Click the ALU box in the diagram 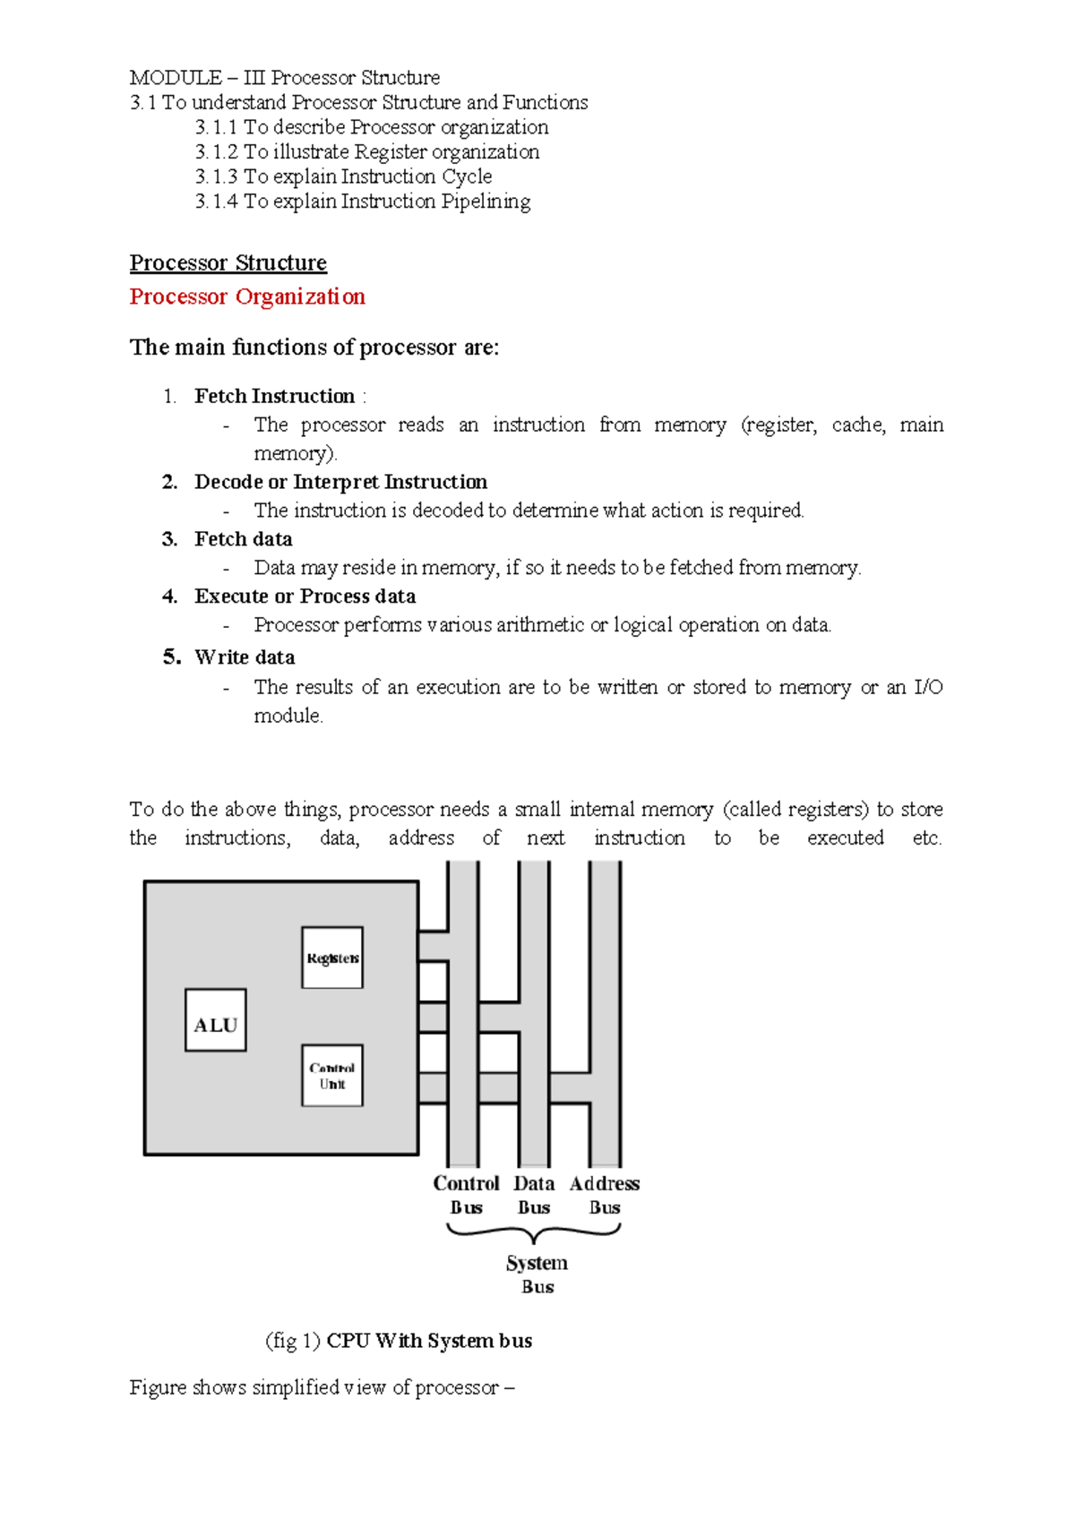[x=215, y=1020]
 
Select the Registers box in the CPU [x=332, y=957]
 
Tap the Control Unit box [x=332, y=1076]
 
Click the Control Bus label [x=466, y=1195]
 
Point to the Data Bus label [x=534, y=1195]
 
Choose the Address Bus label [x=605, y=1195]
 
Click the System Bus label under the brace [x=537, y=1274]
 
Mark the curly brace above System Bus [x=534, y=1232]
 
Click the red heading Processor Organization [x=247, y=296]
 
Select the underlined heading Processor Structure [x=228, y=262]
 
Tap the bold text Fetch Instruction [x=274, y=396]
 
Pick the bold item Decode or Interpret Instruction [x=340, y=482]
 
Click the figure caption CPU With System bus [x=429, y=1340]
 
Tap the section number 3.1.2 [x=216, y=152]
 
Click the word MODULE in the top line [x=176, y=78]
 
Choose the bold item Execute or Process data [x=305, y=596]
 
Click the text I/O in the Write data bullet [x=927, y=687]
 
